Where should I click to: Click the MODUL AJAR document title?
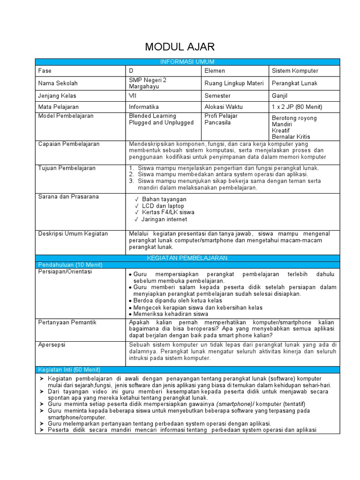tap(180, 47)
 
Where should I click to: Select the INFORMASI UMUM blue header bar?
tap(187, 62)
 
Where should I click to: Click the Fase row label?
tap(45, 71)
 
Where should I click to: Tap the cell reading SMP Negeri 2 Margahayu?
tap(148, 83)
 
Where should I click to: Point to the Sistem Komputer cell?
tap(295, 71)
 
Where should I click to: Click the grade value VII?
tap(133, 96)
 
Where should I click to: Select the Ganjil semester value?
tap(280, 96)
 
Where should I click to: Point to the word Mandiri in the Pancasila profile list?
tap(282, 125)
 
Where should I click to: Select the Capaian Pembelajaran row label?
tap(69, 144)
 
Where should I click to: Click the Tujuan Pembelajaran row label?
tap(67, 168)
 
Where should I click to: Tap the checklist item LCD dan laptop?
tap(163, 206)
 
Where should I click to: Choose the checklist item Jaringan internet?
tap(164, 219)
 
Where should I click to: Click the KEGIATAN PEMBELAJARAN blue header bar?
tap(187, 258)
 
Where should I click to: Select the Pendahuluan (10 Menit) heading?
tap(70, 265)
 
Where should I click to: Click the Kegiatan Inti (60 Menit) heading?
tap(69, 370)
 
